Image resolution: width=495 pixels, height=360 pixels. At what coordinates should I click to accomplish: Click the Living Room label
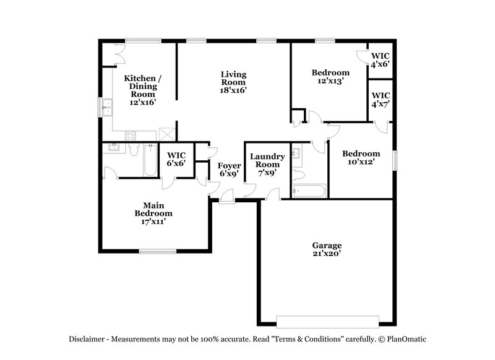pos(234,82)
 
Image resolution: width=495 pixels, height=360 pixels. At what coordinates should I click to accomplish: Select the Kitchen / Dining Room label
pos(143,90)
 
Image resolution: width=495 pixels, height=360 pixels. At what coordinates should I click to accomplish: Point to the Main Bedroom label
pos(153,213)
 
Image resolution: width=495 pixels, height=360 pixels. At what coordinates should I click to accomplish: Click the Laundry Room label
pos(267,165)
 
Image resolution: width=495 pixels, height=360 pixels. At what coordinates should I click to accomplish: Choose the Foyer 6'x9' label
pos(228,169)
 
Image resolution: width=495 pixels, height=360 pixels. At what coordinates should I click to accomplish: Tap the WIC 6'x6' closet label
pos(177,158)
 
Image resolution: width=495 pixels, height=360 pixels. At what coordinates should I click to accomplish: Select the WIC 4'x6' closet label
pos(381,59)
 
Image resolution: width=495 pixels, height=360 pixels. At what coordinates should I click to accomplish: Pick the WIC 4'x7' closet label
pos(381,100)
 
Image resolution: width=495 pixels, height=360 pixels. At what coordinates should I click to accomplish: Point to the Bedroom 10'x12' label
pos(361,158)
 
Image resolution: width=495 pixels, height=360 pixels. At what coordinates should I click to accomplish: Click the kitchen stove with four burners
pos(132,135)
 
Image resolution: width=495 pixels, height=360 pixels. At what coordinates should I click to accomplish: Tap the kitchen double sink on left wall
pos(106,108)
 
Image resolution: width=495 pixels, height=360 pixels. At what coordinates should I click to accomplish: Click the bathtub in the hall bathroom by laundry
pos(309,191)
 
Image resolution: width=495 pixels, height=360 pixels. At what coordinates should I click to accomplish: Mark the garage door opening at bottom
pos(327,322)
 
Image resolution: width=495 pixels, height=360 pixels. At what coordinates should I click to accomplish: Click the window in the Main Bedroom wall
pos(157,251)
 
